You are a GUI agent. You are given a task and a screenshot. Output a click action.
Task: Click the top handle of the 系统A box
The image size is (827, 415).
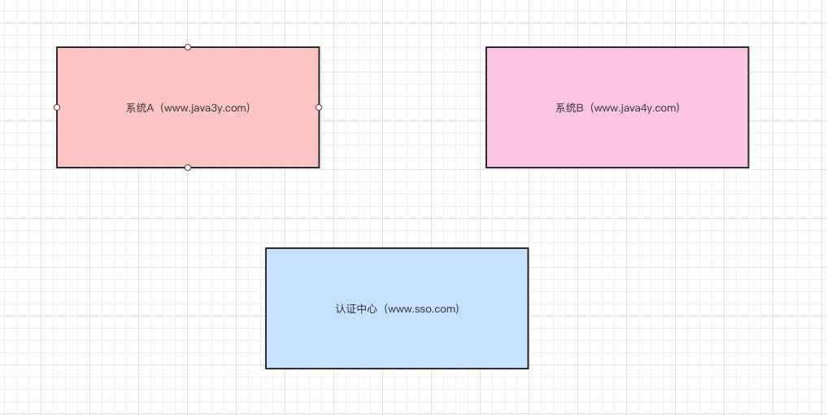click(x=188, y=47)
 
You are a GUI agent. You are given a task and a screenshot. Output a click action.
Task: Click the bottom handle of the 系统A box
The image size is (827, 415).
click(x=188, y=168)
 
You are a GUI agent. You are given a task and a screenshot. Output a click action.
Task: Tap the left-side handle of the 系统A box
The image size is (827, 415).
click(x=57, y=107)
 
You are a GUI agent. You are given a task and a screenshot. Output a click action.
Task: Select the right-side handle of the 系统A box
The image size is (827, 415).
click(x=319, y=107)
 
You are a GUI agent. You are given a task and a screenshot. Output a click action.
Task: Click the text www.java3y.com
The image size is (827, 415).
click(x=207, y=107)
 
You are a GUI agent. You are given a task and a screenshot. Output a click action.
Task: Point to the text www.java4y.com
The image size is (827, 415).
click(x=636, y=107)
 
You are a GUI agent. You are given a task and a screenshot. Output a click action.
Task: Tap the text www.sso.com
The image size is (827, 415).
click(x=423, y=308)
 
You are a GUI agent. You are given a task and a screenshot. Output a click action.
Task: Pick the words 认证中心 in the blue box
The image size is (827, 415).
click(x=356, y=308)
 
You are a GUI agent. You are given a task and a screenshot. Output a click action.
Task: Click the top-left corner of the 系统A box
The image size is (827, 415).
click(x=57, y=47)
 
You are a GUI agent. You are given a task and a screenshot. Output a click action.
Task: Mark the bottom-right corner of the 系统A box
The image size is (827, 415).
click(x=319, y=168)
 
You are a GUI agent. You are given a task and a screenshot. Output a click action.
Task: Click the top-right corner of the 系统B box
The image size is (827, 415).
click(x=748, y=47)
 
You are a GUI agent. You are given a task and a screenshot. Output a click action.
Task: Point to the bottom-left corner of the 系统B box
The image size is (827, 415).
click(x=486, y=168)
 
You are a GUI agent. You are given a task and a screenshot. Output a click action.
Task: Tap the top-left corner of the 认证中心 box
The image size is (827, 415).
click(x=266, y=248)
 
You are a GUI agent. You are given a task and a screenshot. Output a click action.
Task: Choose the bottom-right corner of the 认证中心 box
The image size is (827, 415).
click(x=528, y=368)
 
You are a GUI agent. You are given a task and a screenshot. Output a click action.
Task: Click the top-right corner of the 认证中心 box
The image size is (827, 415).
click(x=528, y=248)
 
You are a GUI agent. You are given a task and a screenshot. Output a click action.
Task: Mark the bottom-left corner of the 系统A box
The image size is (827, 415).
click(x=57, y=168)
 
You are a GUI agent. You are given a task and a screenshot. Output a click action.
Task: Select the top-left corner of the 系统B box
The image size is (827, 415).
click(x=486, y=47)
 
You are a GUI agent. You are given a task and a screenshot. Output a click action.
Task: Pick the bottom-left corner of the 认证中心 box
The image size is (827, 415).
click(x=266, y=368)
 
